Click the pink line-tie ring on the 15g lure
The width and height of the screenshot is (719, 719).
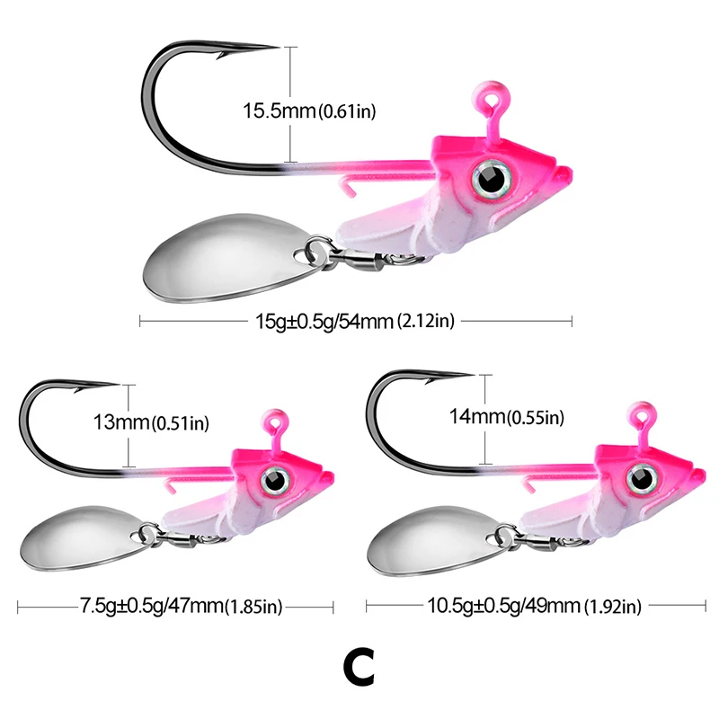click(487, 97)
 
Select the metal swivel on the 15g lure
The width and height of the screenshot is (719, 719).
click(368, 263)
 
